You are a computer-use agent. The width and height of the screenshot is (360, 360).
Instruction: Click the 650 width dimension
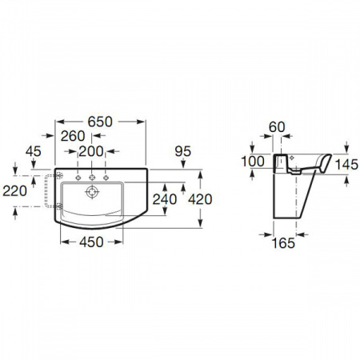[100, 122]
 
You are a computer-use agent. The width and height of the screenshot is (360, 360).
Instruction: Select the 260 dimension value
[73, 136]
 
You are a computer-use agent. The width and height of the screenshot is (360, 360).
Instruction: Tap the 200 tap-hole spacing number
[91, 152]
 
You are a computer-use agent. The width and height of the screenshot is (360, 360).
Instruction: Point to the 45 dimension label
[34, 151]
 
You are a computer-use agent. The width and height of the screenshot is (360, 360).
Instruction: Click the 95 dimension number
[183, 151]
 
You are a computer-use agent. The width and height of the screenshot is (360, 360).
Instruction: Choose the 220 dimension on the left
[14, 191]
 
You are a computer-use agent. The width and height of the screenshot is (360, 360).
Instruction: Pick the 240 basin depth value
[165, 199]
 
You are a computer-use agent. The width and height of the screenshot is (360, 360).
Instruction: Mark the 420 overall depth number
[200, 199]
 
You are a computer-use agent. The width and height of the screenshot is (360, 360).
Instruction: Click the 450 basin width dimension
[91, 242]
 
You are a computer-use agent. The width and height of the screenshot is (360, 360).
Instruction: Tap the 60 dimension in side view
[277, 127]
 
